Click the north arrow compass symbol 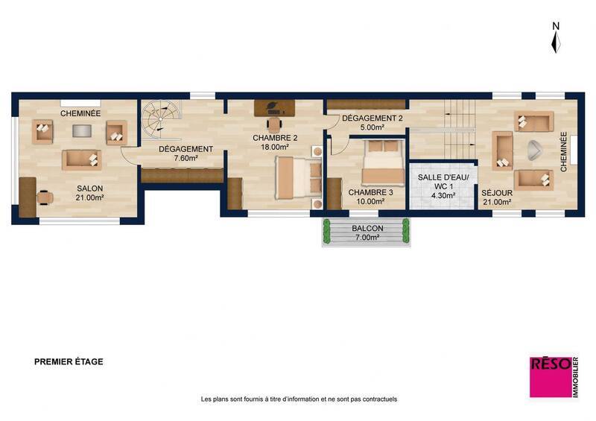[x=555, y=38]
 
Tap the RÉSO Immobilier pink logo [x=551, y=376]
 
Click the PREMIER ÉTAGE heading [x=69, y=361]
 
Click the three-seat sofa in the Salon [x=81, y=159]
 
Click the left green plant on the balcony [x=326, y=232]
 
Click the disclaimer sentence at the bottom [x=299, y=399]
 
